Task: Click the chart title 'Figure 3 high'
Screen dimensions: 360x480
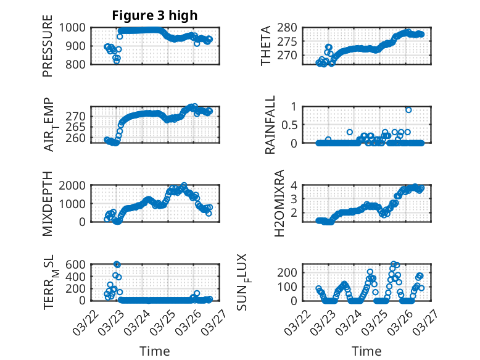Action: [x=154, y=15]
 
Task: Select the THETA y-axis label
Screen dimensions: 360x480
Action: [x=266, y=46]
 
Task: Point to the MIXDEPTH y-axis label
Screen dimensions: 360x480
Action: [x=48, y=203]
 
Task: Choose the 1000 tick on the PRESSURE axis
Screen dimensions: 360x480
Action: [x=77, y=27]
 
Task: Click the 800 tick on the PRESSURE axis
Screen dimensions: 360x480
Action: [x=79, y=64]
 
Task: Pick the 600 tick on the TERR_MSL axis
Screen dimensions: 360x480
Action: [x=79, y=264]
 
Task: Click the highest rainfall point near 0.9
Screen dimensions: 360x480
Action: [x=408, y=110]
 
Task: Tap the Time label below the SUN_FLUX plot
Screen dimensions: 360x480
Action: [x=366, y=351]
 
